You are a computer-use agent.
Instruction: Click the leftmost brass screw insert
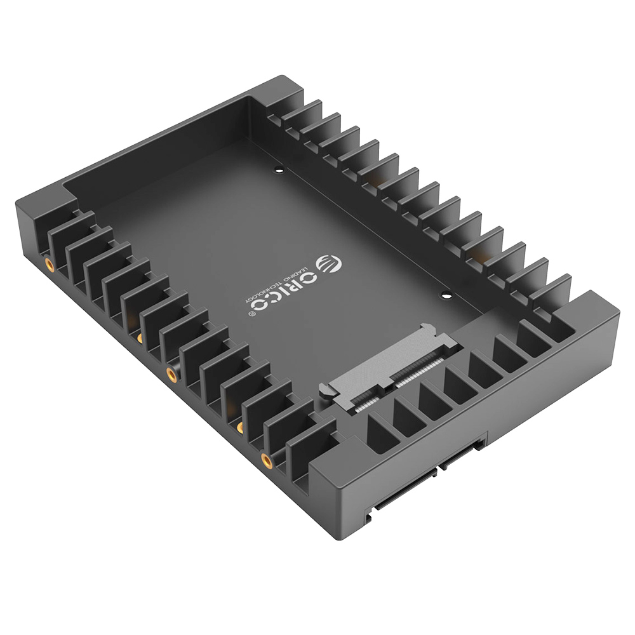pos(48,263)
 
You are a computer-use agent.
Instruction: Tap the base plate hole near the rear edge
pos(279,170)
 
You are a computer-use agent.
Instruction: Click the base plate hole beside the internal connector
pos(446,295)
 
